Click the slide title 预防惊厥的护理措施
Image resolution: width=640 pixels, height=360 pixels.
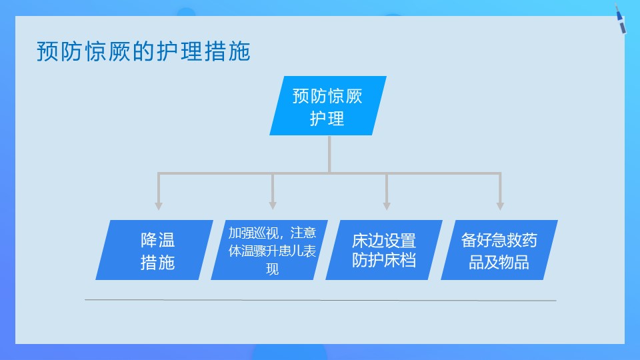(143, 51)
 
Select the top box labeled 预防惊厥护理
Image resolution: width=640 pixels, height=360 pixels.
(327, 107)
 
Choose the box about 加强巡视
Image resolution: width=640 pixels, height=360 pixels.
(272, 251)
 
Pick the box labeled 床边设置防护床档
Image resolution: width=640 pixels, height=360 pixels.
(384, 251)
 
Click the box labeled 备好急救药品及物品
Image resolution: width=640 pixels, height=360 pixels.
(499, 251)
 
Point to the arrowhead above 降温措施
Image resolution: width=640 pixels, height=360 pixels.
(158, 205)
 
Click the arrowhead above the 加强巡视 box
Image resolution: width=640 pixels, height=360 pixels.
(273, 205)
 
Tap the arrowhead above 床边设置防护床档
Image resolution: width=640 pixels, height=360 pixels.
(387, 205)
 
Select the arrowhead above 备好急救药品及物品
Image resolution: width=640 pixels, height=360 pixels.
(500, 205)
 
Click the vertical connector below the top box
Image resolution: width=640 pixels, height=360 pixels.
(329, 153)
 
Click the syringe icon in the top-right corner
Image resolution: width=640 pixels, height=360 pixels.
(620, 20)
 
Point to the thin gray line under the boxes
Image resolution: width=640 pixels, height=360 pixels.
(320, 301)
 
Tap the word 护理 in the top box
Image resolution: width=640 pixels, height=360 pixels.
(327, 119)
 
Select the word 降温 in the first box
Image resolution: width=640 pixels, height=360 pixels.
(157, 241)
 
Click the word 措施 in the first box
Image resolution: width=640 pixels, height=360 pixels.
(157, 262)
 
